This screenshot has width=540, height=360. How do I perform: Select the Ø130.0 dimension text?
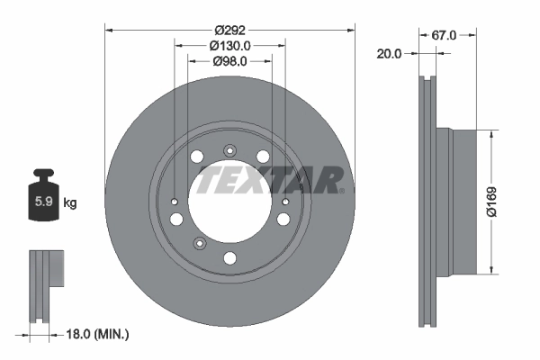pos(229,45)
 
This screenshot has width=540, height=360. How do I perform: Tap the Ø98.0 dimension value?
pos(229,61)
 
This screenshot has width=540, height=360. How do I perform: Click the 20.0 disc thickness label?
pos(390,53)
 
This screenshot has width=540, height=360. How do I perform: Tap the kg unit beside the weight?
pos(70,202)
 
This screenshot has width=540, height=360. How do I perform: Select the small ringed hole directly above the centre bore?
pos(229,150)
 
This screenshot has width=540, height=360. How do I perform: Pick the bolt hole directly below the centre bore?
pos(229,259)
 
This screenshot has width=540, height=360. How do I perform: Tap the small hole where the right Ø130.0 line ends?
pos(285,202)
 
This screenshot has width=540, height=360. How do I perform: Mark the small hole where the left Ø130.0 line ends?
pos(174,202)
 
